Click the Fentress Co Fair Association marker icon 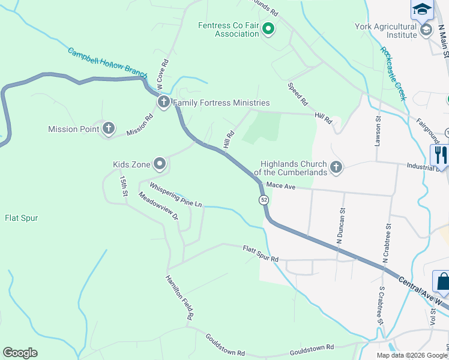pyautogui.click(x=268, y=28)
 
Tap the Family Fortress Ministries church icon pyautogui.click(x=163, y=103)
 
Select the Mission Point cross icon pyautogui.click(x=108, y=128)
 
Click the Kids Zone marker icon pyautogui.click(x=159, y=164)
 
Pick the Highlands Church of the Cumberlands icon pyautogui.click(x=336, y=168)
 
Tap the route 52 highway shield pyautogui.click(x=264, y=199)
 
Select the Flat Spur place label pyautogui.click(x=22, y=218)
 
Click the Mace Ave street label pyautogui.click(x=281, y=187)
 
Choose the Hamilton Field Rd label pyautogui.click(x=180, y=297)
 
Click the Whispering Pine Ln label pyautogui.click(x=176, y=195)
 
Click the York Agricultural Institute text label pyautogui.click(x=385, y=31)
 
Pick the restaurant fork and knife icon pyautogui.click(x=441, y=155)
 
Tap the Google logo pyautogui.click(x=20, y=353)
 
